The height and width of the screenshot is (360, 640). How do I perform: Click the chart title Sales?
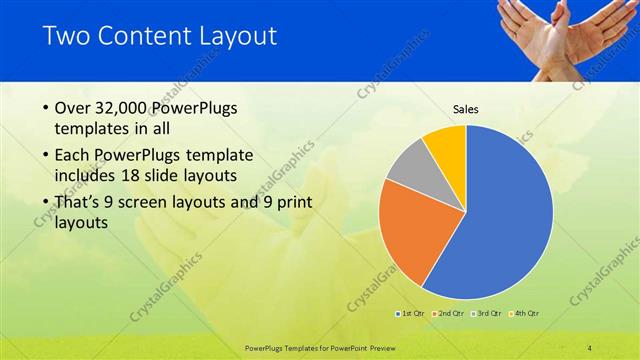pos(466,108)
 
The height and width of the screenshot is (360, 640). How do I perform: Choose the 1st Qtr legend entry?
pos(410,314)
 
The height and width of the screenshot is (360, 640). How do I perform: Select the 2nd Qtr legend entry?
pos(451,314)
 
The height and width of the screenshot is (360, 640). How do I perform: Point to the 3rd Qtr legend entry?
pos(489,314)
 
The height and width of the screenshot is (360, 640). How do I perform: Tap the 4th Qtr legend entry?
pos(527,314)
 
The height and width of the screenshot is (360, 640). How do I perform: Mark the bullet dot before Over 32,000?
pos(45,108)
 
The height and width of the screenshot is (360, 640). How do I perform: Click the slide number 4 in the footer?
pos(589,347)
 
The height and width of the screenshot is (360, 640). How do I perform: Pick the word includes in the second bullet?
pos(86,177)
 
